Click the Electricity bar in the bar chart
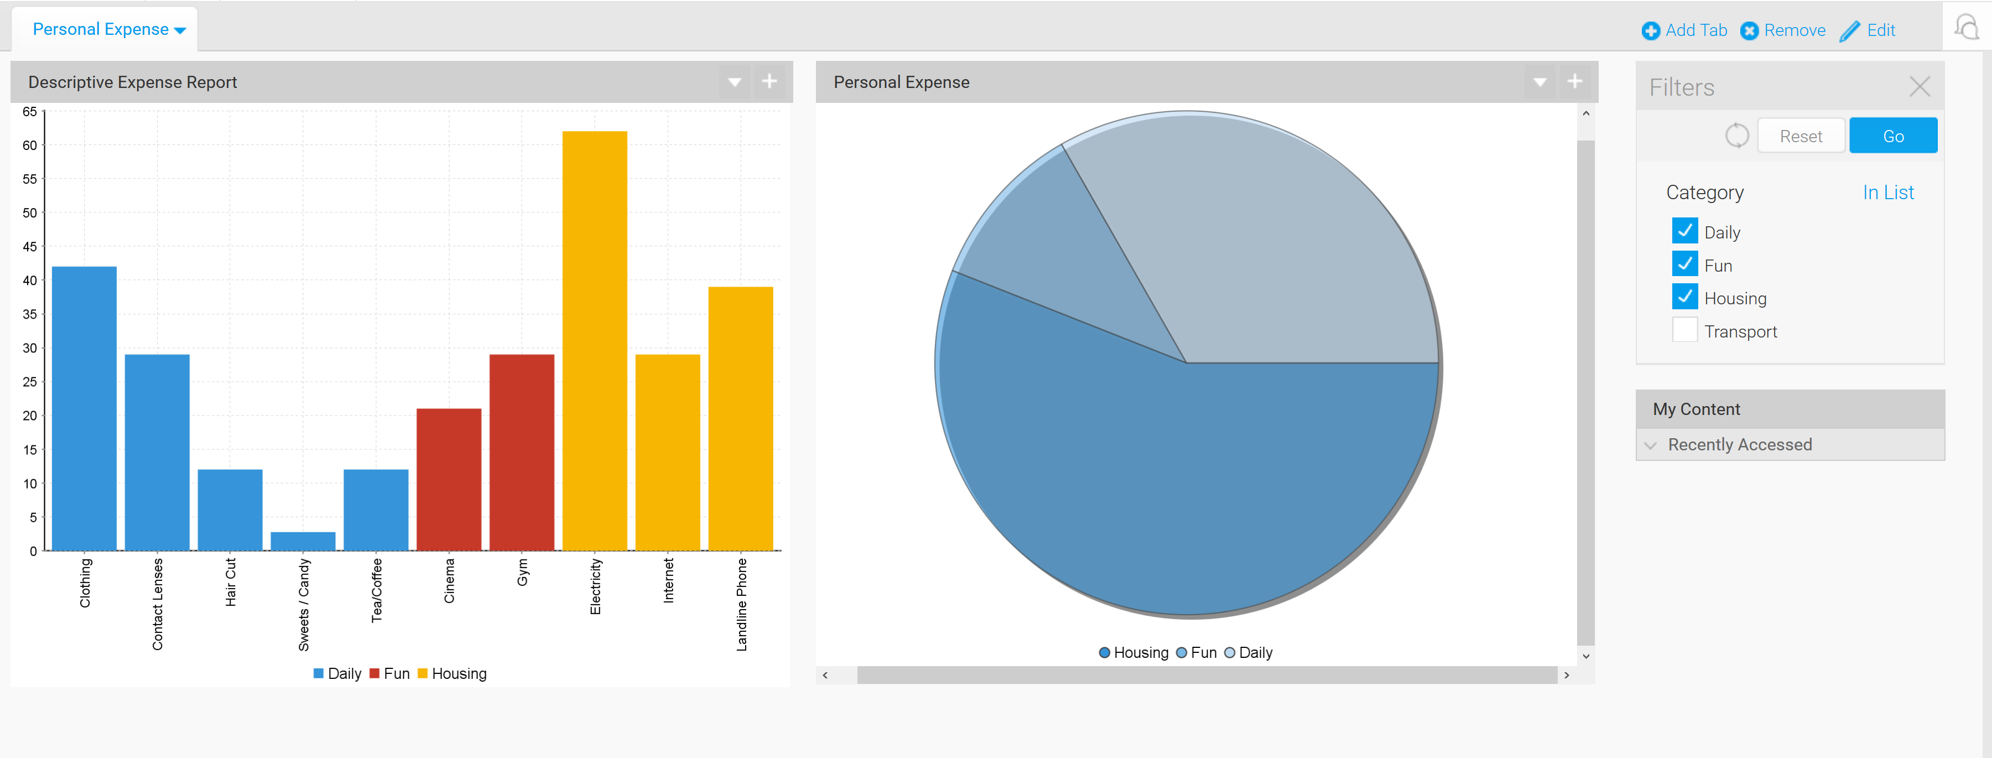[594, 340]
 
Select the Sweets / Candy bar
[303, 541]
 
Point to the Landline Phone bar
[740, 418]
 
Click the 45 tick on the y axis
[29, 247]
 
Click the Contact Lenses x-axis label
[158, 603]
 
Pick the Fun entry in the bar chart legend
[390, 674]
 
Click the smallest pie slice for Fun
[1067, 255]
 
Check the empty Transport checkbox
[1684, 330]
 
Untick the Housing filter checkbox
[1684, 297]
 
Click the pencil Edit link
[1868, 30]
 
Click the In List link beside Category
[1887, 193]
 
